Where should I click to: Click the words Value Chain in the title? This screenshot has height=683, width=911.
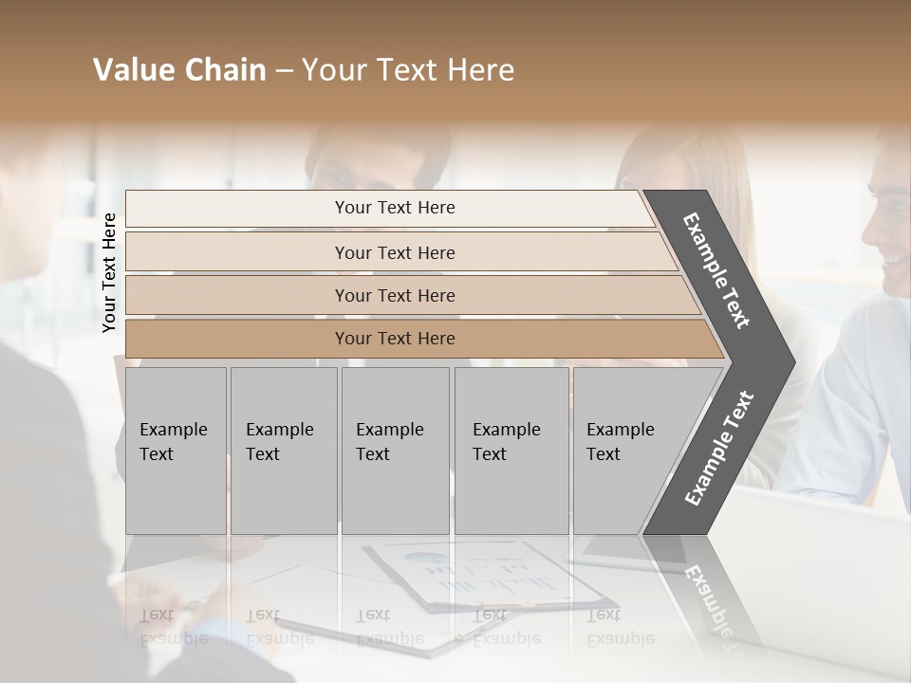[179, 70]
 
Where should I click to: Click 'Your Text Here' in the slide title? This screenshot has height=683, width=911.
[407, 70]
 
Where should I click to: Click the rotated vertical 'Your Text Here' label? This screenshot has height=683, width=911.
[109, 272]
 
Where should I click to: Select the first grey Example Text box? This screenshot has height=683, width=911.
[176, 451]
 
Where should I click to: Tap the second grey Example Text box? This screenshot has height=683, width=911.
[283, 451]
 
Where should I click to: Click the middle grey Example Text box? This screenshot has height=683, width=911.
[395, 451]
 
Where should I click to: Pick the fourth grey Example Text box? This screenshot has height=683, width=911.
[511, 451]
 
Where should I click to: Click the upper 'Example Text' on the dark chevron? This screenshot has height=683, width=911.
[716, 270]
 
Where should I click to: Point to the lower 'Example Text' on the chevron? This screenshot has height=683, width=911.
[718, 449]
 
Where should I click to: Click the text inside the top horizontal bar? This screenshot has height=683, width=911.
[395, 208]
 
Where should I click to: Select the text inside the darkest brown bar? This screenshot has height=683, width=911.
[395, 339]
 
